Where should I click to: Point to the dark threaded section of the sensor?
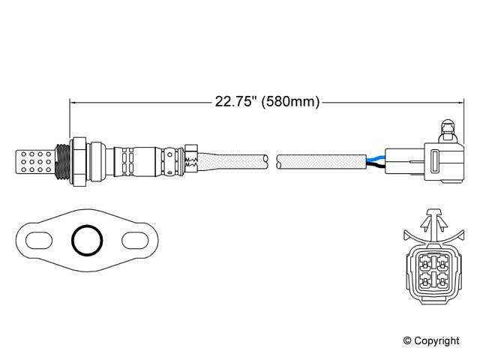pyautogui.click(x=64, y=160)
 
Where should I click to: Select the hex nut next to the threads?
pyautogui.click(x=79, y=160)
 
